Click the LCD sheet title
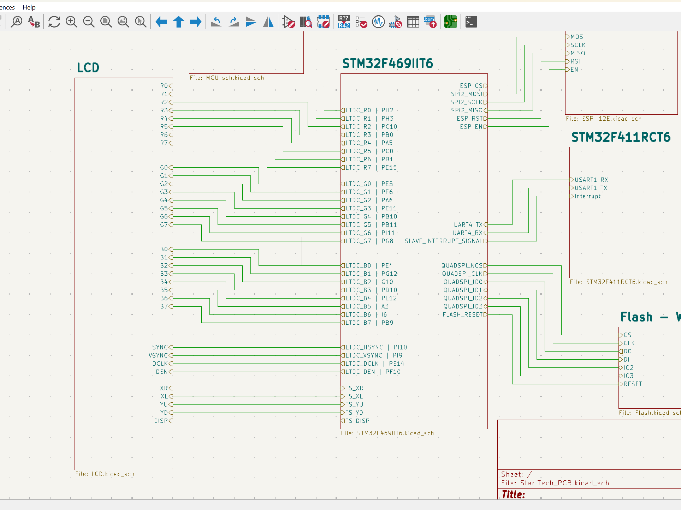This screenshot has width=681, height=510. coord(88,67)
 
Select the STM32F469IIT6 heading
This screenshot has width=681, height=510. coord(387,64)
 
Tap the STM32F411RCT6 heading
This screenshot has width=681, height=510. coord(621,137)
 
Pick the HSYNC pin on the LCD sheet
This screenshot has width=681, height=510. coord(158,347)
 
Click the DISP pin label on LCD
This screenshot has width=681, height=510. coord(161,421)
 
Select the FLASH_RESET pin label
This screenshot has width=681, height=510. coord(463,314)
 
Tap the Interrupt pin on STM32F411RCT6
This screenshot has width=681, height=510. coord(587,196)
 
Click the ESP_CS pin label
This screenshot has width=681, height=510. coord(471,86)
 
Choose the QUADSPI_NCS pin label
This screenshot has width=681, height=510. coord(462,265)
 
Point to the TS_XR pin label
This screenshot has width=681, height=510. coord(354,388)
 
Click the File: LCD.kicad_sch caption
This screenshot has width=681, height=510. coord(105,474)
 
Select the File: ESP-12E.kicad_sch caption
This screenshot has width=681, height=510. coord(604,119)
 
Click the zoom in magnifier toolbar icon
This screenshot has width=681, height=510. coord(71,22)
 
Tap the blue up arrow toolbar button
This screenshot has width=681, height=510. coord(179,22)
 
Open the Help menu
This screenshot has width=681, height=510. coord(29,7)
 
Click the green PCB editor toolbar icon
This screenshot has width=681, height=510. coord(450,22)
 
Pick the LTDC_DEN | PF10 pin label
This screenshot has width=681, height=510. coord(373,372)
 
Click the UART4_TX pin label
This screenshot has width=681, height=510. coord(468,225)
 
